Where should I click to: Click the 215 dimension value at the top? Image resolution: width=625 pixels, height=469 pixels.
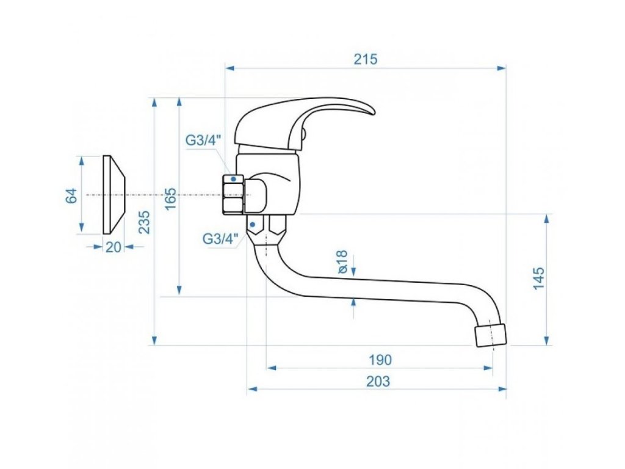point(366,59)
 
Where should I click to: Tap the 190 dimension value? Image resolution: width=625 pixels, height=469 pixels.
point(380,360)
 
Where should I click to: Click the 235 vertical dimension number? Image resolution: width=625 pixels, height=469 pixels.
point(144,222)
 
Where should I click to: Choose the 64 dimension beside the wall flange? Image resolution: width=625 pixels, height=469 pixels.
point(71,196)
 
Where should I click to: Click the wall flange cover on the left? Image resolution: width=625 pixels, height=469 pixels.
point(114,195)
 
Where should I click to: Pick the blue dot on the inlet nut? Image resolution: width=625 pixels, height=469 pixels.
point(233,179)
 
